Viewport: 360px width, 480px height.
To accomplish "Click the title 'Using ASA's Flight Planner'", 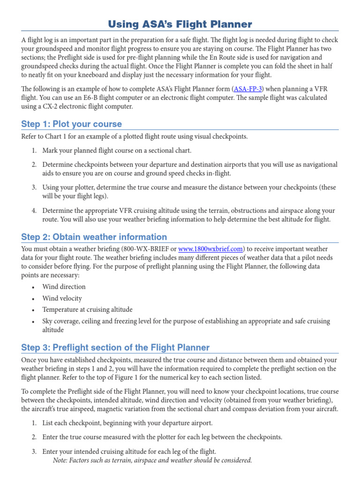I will click(180, 24).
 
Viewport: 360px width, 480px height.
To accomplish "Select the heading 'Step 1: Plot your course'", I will click(71, 124).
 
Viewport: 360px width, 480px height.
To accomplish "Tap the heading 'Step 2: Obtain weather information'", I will click(94, 237).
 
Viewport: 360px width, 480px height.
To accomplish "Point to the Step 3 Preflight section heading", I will click(115, 347).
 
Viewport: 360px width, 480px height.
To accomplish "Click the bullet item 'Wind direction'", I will click(64, 286).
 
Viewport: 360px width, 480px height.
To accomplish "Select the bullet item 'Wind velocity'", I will click(62, 298).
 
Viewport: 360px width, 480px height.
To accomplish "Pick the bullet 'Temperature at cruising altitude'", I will click(87, 309).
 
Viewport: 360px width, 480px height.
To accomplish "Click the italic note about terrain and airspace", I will click(153, 460).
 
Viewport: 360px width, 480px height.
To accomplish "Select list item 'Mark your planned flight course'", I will click(117, 150).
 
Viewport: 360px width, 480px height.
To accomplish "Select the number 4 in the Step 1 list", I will click(34, 210).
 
